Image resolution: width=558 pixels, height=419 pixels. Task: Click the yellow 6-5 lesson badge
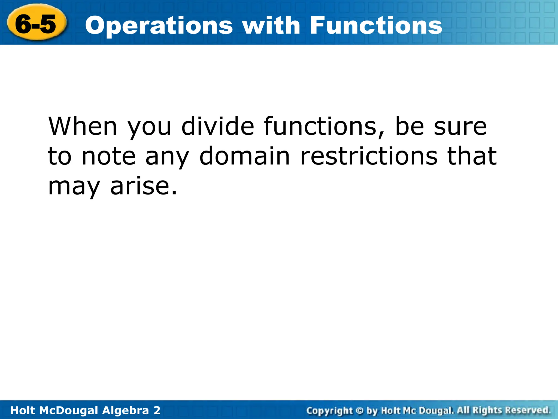pos(35,23)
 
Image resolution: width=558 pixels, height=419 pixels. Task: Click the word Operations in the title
pos(159,26)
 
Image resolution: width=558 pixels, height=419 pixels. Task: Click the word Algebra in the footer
pos(126,410)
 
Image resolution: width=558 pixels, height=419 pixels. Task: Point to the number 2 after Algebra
pos(157,410)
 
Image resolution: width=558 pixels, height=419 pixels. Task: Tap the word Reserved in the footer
pos(528,410)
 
